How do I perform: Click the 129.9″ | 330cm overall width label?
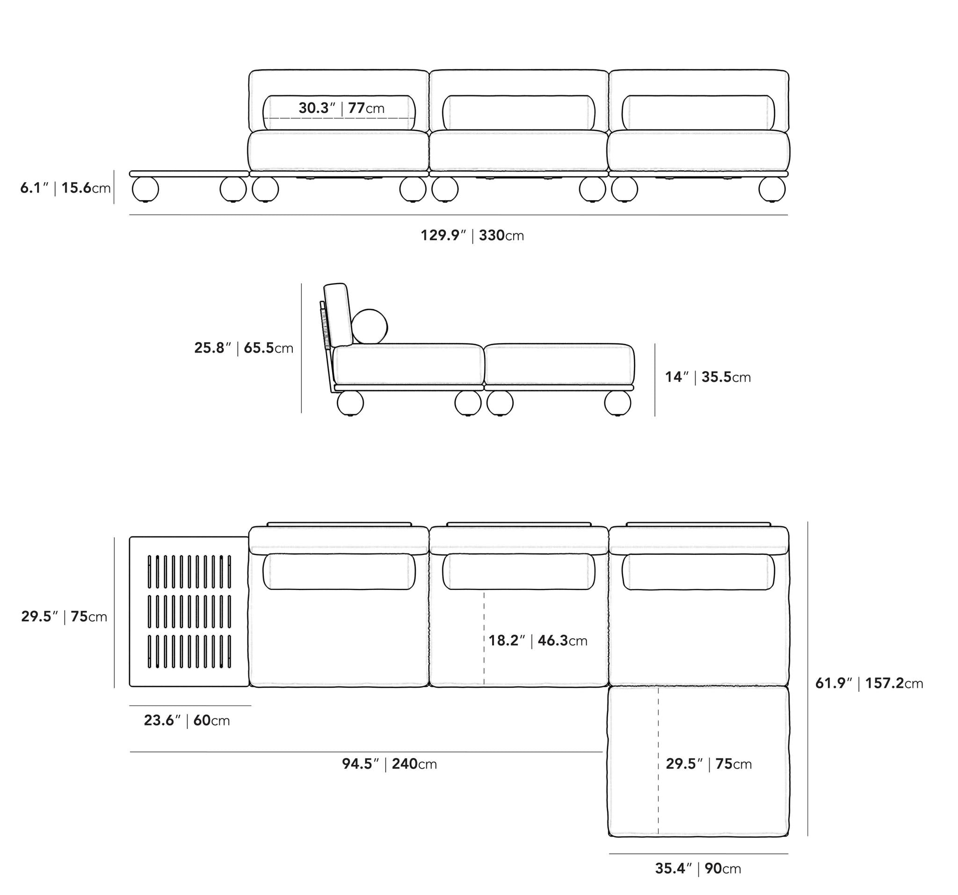tap(472, 236)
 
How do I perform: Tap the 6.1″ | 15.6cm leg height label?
tap(65, 188)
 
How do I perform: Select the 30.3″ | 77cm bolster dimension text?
tap(341, 108)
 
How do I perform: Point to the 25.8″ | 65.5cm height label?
tap(243, 348)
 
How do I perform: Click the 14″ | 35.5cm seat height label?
tap(707, 377)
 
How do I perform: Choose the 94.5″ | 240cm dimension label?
tap(389, 764)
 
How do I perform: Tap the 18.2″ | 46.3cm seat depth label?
tap(538, 640)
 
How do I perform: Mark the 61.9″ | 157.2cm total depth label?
tap(869, 684)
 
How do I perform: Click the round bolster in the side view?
tap(370, 327)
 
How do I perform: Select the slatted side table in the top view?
tap(189, 611)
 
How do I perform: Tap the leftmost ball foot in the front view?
tap(145, 189)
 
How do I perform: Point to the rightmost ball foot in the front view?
tap(771, 189)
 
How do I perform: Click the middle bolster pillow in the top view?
tap(518, 572)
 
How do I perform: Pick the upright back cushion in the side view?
tap(337, 314)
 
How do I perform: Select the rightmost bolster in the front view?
tap(698, 113)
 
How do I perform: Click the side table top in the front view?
tap(189, 174)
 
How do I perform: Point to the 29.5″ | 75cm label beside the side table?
tap(64, 617)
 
